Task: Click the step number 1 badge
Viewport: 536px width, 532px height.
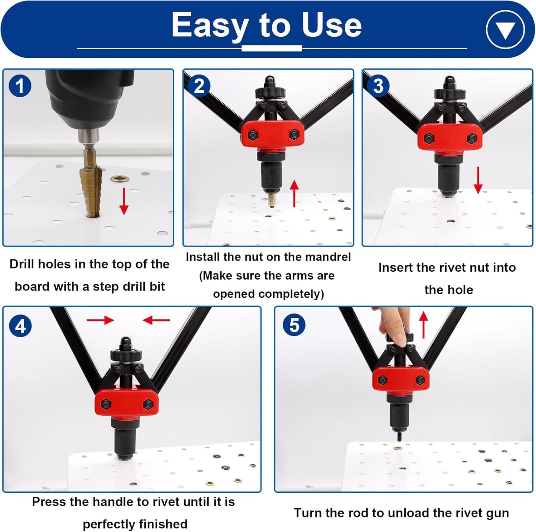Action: coord(20,86)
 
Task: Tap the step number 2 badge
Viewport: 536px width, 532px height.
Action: coord(199,86)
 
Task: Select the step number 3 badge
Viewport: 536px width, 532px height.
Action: coord(378,86)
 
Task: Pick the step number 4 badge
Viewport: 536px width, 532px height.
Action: coord(20,326)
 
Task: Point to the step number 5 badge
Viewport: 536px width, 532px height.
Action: coord(294,324)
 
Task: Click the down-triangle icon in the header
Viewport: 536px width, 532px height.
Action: coord(506,29)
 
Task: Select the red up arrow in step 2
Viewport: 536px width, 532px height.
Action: coord(294,194)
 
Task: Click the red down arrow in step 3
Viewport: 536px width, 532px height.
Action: coord(478,180)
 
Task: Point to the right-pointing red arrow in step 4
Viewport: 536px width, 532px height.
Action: coord(101,320)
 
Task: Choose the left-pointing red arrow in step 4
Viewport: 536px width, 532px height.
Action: coord(156,320)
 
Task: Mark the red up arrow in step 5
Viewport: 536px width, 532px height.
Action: coord(424,324)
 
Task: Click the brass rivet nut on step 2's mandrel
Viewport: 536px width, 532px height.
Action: coord(271,200)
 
